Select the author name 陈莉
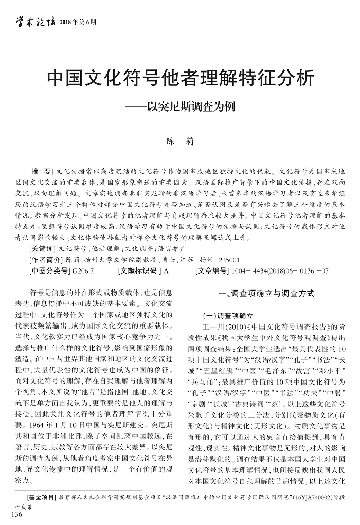pos(179,140)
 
